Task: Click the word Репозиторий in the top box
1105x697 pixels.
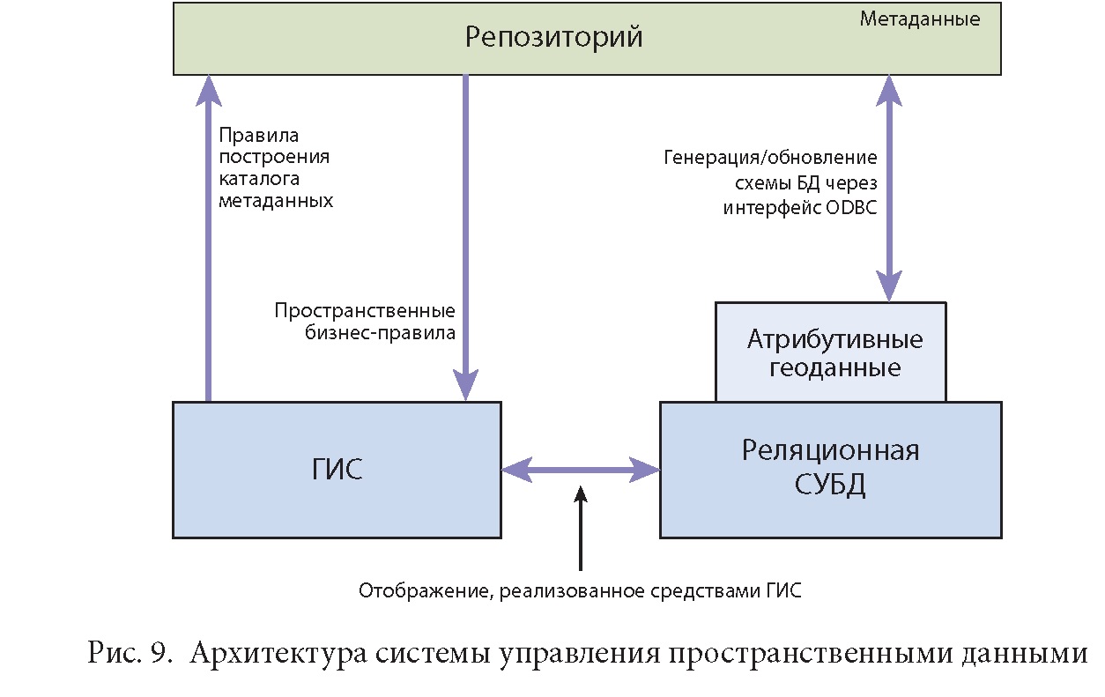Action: point(553,38)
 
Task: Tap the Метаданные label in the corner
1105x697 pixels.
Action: point(920,19)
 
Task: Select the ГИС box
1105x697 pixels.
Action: point(337,470)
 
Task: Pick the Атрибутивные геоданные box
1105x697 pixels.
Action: point(830,352)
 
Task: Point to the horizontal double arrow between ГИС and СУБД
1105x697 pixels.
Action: point(581,471)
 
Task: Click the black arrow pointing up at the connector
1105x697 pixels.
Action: point(581,529)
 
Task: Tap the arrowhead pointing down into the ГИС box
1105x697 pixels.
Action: point(465,385)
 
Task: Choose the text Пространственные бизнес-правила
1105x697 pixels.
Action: point(365,322)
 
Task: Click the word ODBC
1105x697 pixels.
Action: point(851,208)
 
